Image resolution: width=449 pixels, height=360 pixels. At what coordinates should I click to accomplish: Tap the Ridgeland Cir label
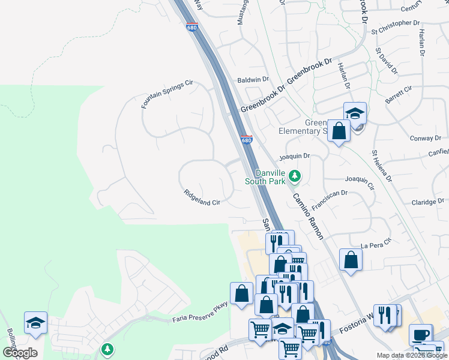[x=202, y=199]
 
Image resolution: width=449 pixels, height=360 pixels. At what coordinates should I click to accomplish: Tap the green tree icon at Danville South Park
[x=294, y=176]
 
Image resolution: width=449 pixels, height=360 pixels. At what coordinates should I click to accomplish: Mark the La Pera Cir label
[x=376, y=244]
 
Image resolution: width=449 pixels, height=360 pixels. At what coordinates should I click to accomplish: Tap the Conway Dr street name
[x=425, y=139]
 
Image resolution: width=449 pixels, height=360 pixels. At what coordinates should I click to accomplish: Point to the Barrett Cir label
[x=399, y=95]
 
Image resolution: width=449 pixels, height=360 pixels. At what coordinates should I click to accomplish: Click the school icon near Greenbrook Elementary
[x=355, y=113]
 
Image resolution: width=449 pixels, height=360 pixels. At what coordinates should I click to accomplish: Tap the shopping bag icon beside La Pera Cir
[x=351, y=260]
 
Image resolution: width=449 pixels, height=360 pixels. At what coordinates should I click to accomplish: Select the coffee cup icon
[x=420, y=334]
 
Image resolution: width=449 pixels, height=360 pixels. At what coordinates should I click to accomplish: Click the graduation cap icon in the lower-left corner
[x=35, y=322]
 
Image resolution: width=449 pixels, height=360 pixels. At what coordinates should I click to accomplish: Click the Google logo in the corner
[x=20, y=353]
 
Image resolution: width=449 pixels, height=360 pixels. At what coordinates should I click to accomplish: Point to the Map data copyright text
[x=411, y=355]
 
